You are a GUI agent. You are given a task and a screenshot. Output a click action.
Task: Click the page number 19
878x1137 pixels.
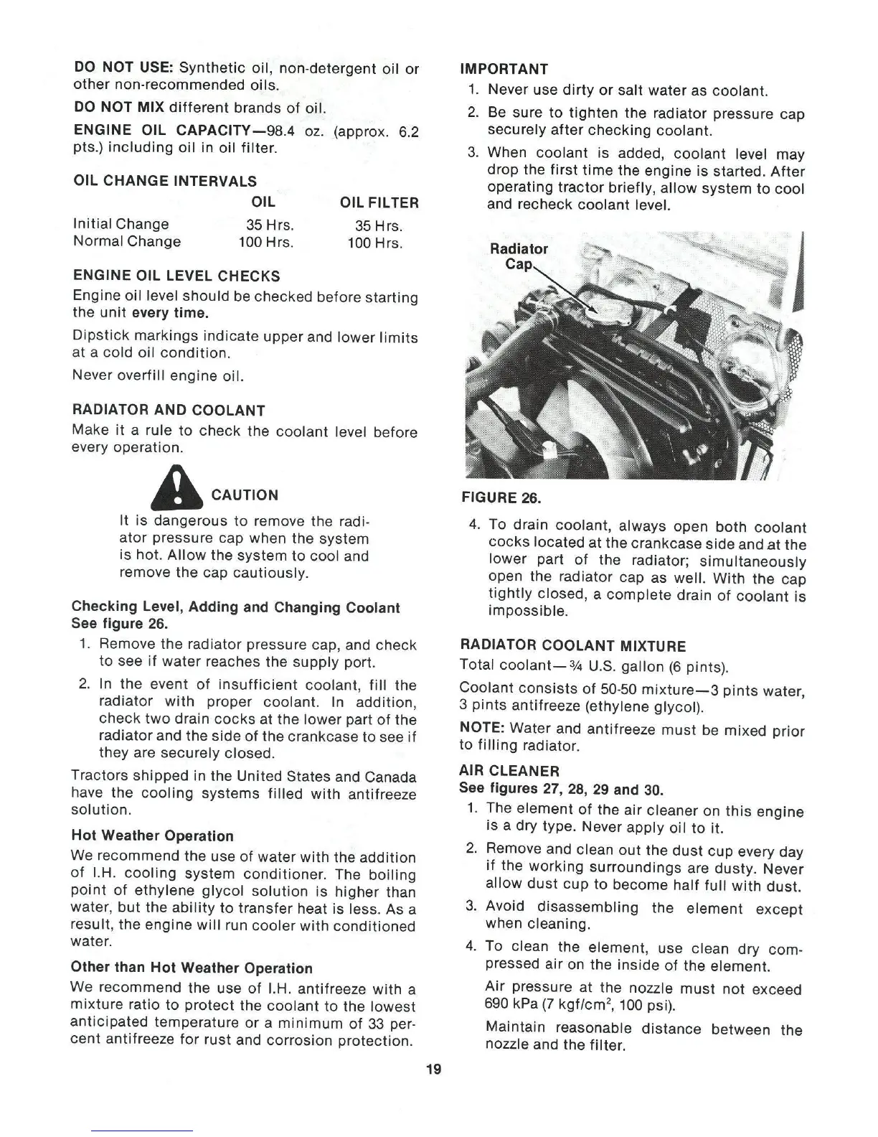pos(433,1070)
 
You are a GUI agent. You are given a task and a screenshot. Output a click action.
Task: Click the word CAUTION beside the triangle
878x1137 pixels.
pos(245,495)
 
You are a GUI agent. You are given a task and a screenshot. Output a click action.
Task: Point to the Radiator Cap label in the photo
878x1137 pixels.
pos(519,256)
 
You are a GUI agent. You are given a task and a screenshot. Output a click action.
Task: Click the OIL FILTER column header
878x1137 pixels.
pos(379,202)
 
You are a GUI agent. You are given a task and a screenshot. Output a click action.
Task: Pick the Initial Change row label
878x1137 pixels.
pos(121,224)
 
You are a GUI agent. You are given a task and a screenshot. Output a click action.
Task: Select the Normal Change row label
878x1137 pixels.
pos(127,241)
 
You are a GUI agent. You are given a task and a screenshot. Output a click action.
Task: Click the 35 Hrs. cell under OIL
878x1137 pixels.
pos(270,225)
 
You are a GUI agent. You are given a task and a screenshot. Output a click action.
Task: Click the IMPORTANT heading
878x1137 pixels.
pos(504,69)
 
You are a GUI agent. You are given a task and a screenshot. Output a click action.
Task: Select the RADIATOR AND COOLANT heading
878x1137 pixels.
pos(169,411)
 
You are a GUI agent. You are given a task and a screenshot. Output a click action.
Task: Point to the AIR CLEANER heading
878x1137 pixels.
pos(509,771)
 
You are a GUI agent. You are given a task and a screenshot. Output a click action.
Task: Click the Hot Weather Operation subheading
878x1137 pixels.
pos(153,836)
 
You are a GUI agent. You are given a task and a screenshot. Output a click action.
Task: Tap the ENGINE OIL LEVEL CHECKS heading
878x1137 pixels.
pos(176,276)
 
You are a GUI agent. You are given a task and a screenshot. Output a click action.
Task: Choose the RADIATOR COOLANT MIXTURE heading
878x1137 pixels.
pos(572,646)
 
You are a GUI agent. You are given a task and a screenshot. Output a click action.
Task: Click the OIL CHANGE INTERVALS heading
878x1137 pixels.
pos(165,180)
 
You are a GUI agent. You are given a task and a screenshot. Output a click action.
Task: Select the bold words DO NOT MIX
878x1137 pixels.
pos(119,108)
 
